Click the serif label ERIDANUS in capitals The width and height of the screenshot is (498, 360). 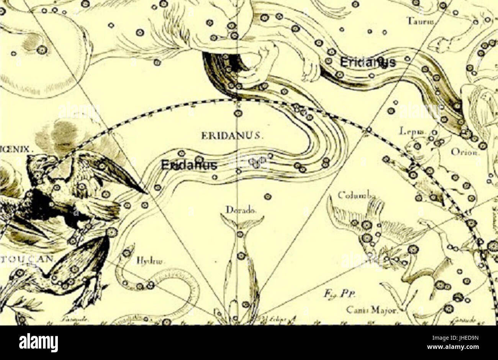tap(231, 135)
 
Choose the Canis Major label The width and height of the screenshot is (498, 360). tap(372, 310)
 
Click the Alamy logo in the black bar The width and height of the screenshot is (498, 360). tap(38, 342)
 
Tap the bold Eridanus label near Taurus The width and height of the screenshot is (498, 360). tap(368, 62)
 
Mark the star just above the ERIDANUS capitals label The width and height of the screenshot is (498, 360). tap(238, 113)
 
